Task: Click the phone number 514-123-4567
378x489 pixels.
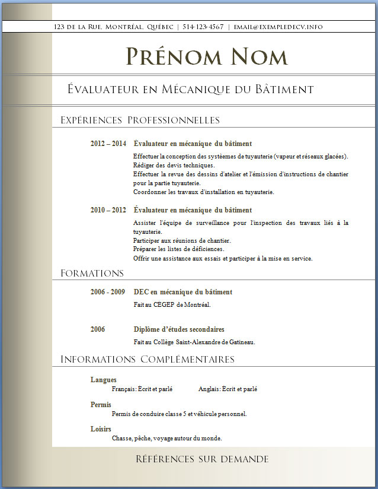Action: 203,27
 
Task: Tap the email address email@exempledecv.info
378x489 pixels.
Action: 278,27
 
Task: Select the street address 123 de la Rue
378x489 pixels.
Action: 77,27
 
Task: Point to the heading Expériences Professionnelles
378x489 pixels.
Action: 140,120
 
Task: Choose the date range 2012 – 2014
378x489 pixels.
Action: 108,144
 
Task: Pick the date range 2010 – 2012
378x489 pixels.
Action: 108,210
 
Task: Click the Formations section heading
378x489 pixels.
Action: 92,274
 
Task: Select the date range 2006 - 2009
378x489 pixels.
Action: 108,292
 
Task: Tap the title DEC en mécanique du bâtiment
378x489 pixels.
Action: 183,292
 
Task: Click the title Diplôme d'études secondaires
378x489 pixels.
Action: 179,329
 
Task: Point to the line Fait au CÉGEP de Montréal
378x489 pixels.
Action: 172,305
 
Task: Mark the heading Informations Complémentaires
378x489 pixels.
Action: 148,360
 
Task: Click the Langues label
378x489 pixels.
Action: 103,380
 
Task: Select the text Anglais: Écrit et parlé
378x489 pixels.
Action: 228,389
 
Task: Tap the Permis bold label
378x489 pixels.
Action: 101,405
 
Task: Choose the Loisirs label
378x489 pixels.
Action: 101,429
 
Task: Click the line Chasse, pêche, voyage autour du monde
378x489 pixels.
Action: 167,439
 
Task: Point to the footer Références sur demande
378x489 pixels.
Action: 202,459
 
